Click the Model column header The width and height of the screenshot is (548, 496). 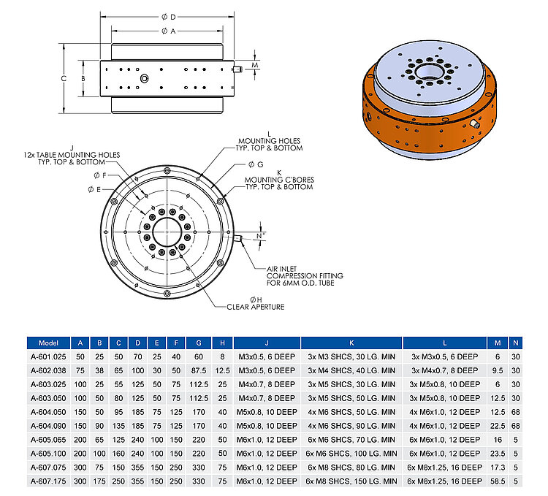[x=47, y=343]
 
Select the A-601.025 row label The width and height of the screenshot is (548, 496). [x=47, y=356]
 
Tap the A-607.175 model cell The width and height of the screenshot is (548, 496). [x=47, y=481]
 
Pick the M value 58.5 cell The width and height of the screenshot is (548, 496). [x=498, y=481]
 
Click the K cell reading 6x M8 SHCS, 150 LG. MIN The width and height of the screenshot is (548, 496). [x=351, y=481]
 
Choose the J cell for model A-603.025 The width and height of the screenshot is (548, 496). [x=267, y=384]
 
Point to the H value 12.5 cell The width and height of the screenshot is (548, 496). [x=221, y=370]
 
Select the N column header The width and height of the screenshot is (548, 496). [x=516, y=343]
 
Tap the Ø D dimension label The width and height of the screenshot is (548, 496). [x=167, y=15]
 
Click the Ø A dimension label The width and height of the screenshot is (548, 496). [x=167, y=31]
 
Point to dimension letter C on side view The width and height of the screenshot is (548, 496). [x=64, y=77]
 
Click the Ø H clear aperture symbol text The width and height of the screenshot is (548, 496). [x=255, y=299]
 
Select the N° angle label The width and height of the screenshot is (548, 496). [x=259, y=237]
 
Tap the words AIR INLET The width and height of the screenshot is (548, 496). [x=281, y=269]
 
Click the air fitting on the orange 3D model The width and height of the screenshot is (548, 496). [x=476, y=123]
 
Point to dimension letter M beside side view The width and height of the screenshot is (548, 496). [x=254, y=66]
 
